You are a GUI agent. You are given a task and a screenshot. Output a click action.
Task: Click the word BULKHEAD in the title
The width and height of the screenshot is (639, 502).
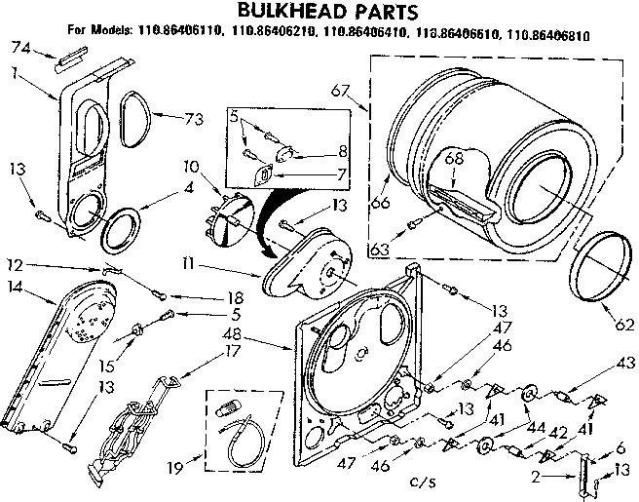(275, 13)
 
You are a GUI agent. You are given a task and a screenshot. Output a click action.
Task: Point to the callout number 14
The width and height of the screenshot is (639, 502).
(13, 286)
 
